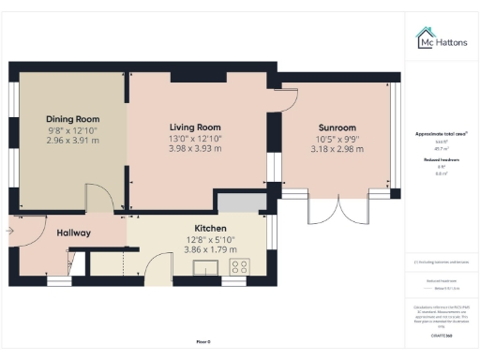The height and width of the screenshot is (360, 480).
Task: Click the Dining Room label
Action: point(72,119)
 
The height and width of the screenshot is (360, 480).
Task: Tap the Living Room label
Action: point(194,127)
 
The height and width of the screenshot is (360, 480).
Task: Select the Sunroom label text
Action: point(337,127)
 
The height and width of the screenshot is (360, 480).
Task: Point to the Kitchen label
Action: point(210,228)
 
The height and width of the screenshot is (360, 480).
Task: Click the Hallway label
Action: point(72,232)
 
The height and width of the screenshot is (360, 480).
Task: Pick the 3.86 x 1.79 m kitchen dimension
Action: point(210,249)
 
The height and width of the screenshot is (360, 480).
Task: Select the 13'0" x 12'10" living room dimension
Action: point(194,138)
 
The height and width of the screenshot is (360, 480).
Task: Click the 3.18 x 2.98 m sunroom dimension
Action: point(337,148)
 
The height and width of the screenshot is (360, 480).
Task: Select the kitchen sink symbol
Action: point(205,269)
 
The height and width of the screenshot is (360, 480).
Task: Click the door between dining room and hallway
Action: point(98,198)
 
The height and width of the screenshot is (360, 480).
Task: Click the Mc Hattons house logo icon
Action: point(423,37)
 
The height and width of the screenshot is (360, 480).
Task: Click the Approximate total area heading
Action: point(441,134)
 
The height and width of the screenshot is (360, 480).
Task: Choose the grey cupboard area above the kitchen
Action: point(239,202)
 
